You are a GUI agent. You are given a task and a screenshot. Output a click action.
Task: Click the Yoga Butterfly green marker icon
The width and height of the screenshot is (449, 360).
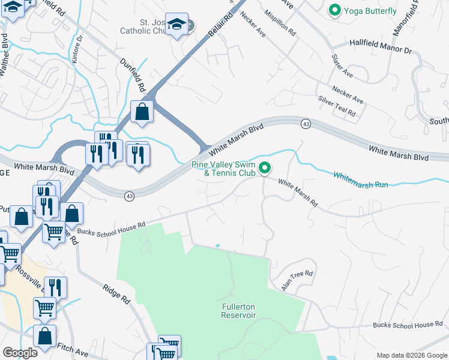click(334, 10)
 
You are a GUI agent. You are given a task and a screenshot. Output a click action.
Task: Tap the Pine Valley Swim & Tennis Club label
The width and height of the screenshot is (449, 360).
click(223, 169)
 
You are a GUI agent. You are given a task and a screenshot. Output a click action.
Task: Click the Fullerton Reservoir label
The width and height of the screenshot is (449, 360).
click(239, 310)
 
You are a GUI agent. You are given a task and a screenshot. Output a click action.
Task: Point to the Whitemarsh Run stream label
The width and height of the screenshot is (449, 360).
click(360, 179)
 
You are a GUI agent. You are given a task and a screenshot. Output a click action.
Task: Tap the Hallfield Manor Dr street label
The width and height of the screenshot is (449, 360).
click(381, 47)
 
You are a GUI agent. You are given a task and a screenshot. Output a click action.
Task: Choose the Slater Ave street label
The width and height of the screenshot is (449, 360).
click(342, 67)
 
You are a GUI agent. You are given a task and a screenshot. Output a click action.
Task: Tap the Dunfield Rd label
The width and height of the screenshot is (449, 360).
click(133, 74)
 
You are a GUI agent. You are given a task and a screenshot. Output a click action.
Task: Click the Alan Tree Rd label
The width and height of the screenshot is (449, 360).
click(297, 281)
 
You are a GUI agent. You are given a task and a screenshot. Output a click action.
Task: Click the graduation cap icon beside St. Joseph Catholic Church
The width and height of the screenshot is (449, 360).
click(176, 24)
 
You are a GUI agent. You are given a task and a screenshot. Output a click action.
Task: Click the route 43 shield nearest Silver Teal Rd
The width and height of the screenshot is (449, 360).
click(306, 123)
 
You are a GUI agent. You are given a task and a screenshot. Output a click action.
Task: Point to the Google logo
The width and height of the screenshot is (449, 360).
click(20, 353)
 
